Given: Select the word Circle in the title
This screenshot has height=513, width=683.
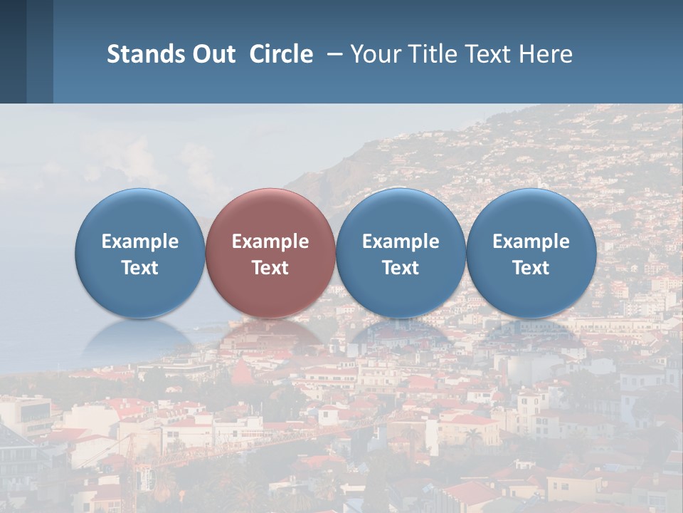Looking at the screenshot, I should coord(281,54).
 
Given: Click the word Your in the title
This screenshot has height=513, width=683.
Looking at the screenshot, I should coord(374,54).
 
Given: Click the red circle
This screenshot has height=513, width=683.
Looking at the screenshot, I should coord(270,214).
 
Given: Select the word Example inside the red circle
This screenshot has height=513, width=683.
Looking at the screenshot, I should coord(270,242).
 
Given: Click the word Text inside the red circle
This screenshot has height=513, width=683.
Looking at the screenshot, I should coord(270,268).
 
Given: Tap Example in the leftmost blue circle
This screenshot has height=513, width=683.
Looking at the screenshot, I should coord(140,242).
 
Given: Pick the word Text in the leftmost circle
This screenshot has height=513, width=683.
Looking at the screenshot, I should coord(140,268).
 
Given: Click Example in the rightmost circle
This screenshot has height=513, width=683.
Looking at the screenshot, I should coord(531,242).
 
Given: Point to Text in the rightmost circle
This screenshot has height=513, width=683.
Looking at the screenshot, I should coord(531,268).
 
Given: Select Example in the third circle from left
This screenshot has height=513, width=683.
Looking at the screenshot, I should coord(401,242).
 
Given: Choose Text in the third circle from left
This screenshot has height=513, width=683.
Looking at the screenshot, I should coord(401,268).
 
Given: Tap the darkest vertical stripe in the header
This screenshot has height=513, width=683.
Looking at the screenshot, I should coord(13,51).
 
